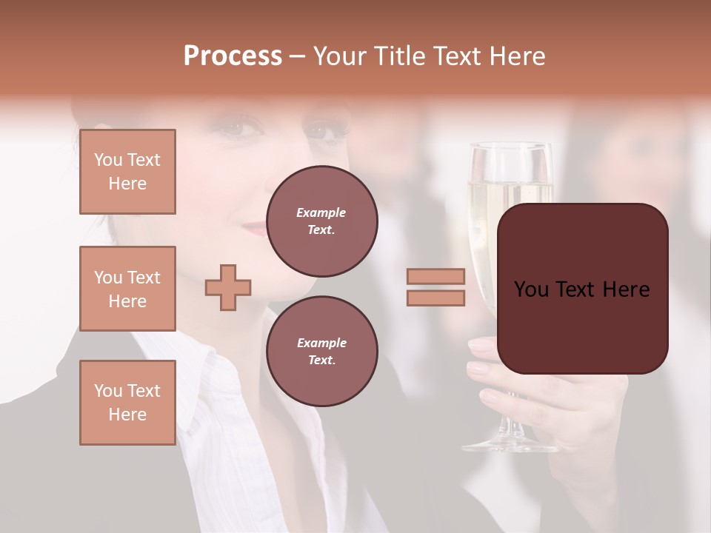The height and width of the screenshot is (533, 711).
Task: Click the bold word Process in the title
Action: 233,56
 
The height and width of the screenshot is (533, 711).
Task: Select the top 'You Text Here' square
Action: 127,172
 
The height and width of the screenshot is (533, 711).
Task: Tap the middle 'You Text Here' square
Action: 127,289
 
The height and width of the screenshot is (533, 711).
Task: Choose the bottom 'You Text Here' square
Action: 127,402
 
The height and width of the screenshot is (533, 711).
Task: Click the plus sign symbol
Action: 228,286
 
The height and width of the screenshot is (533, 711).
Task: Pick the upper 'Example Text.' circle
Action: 321,221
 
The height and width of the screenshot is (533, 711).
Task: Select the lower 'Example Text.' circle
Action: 321,352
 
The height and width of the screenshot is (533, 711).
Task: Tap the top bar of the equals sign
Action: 435,276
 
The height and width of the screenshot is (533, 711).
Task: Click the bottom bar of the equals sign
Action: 435,298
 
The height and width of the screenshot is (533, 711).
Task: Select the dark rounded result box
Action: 582,289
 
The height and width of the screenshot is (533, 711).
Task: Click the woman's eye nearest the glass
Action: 324,133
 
